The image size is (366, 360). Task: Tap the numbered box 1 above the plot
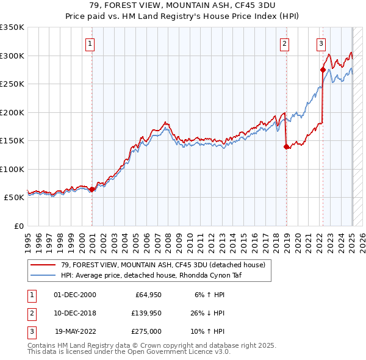click(90, 43)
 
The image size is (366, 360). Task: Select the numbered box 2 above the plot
click(284, 43)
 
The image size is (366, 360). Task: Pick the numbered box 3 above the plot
click(321, 43)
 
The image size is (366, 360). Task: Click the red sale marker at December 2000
click(92, 189)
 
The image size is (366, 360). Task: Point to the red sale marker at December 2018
click(286, 146)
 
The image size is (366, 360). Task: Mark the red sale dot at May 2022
click(323, 70)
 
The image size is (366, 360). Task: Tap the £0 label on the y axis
click(18, 226)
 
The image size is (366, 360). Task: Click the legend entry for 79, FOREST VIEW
click(163, 265)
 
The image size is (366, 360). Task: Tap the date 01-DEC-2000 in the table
click(75, 295)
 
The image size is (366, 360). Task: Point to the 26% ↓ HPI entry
click(209, 313)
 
